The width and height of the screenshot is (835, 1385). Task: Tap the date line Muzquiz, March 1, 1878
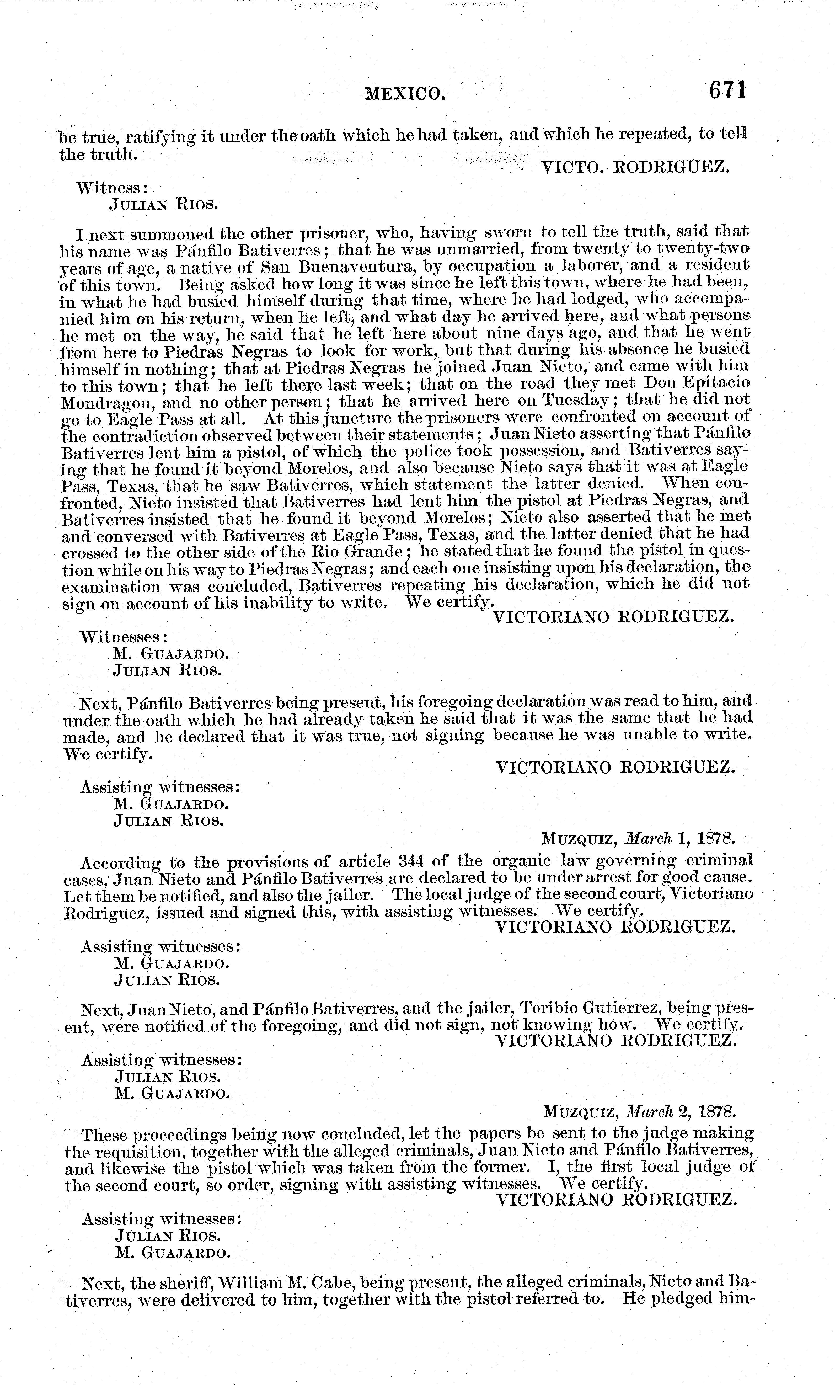[638, 839]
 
